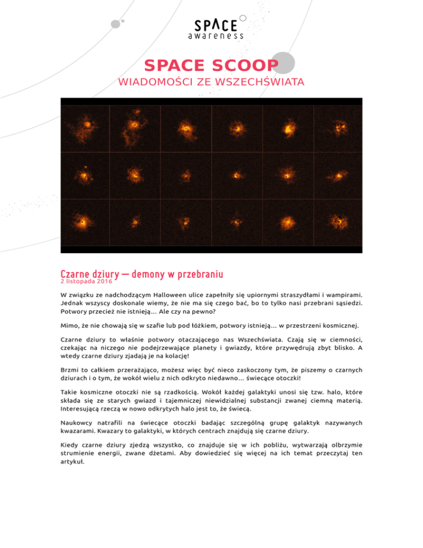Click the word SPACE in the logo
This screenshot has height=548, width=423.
[216, 25]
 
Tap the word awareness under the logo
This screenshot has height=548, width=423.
[215, 36]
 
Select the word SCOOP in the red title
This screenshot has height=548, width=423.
[241, 66]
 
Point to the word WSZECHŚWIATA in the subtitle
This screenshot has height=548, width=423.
[258, 83]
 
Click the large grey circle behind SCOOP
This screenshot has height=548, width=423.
[283, 62]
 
